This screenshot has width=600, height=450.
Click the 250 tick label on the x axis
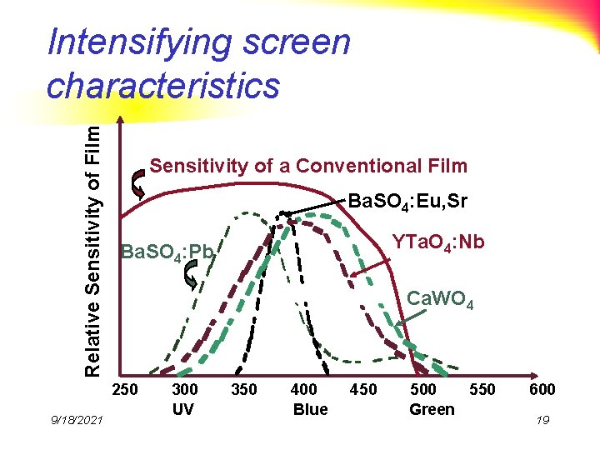tap(126, 389)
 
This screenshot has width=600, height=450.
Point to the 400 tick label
tap(305, 389)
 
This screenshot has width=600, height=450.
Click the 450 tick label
tap(363, 389)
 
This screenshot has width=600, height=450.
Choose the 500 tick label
tap(424, 389)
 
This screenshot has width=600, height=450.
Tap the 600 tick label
tap(542, 389)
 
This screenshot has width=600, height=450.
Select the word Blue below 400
tap(309, 409)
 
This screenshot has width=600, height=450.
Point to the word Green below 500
tap(432, 409)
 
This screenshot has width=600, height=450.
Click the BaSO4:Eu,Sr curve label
tap(407, 201)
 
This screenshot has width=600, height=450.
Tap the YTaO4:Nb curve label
tap(439, 242)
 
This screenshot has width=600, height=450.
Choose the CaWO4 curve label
tap(441, 301)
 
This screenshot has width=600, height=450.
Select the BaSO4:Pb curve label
tap(168, 251)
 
